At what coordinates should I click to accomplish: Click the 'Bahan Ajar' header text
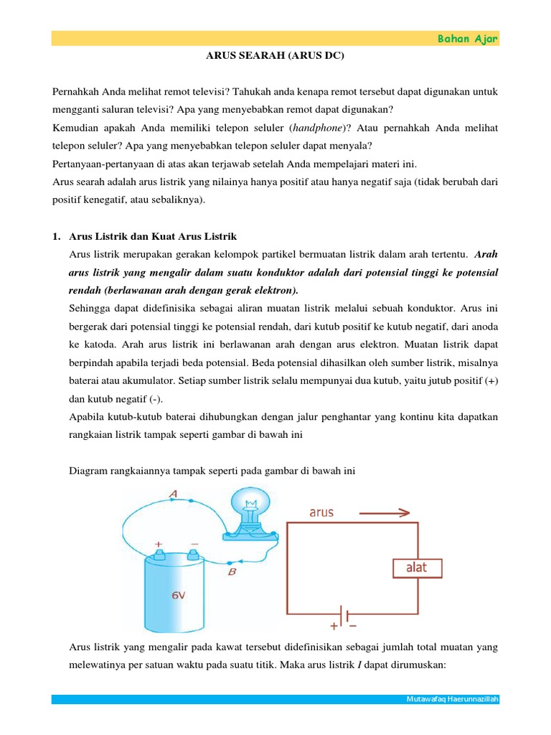[468, 39]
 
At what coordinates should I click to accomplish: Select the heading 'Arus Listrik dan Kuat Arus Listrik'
[153, 236]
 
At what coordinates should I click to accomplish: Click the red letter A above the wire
[172, 493]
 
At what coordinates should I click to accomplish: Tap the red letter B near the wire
[231, 572]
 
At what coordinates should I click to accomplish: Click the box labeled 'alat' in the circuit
[417, 568]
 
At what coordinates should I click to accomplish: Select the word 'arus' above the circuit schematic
[321, 512]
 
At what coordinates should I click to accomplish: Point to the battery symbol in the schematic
[345, 616]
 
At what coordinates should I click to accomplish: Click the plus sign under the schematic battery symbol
[334, 627]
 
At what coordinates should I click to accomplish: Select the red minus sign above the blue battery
[194, 544]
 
